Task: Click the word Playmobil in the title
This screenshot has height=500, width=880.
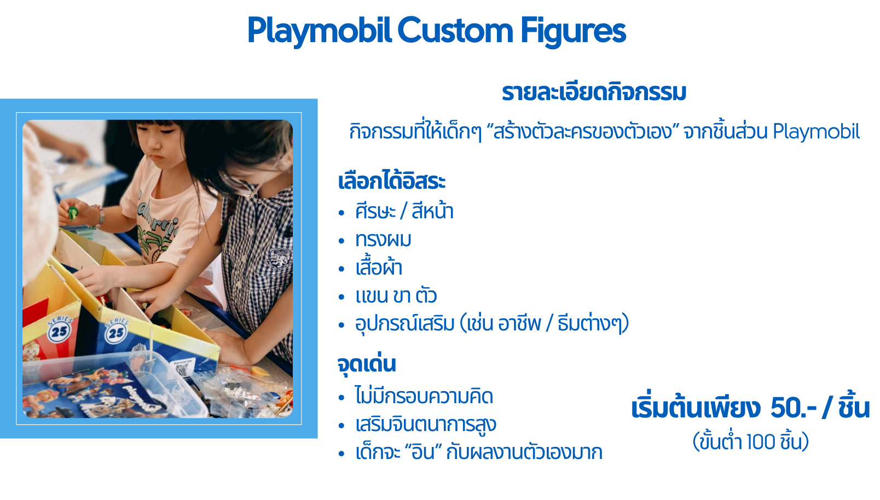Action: [x=319, y=31]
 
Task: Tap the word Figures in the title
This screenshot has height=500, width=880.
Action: [x=573, y=31]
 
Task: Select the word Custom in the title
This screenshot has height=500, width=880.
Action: [x=455, y=30]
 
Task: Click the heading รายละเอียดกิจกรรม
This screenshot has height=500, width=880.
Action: [x=594, y=93]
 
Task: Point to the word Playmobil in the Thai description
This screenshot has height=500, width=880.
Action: [x=817, y=132]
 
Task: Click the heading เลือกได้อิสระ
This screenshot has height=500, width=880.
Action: [x=392, y=181]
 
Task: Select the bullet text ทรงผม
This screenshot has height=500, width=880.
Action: [x=383, y=240]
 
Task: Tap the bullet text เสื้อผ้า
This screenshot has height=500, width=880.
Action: [x=379, y=267]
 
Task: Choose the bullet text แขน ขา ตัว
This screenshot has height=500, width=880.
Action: [x=396, y=296]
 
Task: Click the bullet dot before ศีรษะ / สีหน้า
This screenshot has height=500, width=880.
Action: [x=341, y=212]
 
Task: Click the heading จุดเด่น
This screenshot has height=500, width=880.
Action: [x=367, y=364]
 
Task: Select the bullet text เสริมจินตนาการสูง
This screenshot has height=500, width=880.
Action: [x=426, y=424]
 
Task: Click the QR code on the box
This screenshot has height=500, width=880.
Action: [x=182, y=370]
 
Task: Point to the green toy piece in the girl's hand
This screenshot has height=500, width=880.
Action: [x=73, y=212]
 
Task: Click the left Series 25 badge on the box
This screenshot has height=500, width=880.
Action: [x=59, y=329]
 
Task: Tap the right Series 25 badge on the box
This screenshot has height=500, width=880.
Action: [x=116, y=330]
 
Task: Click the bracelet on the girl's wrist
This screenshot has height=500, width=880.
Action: [x=99, y=217]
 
